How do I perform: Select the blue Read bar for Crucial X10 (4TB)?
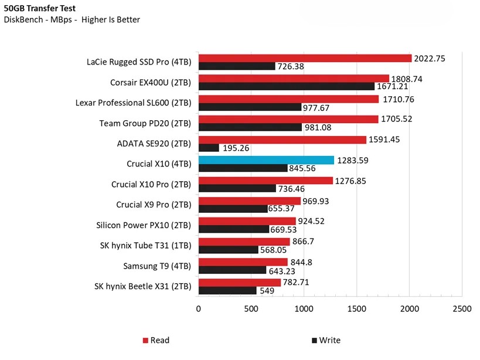pyautogui.click(x=266, y=160)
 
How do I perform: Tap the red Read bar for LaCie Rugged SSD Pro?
pyautogui.click(x=305, y=58)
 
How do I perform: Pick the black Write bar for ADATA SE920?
pyautogui.click(x=209, y=148)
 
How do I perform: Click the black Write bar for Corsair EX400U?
pyautogui.click(x=286, y=87)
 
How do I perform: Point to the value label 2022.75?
pyautogui.click(x=430, y=58)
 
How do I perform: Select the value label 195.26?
pyautogui.click(x=236, y=148)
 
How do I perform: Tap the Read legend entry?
pyautogui.click(x=155, y=340)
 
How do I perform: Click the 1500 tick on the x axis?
pyautogui.click(x=356, y=308)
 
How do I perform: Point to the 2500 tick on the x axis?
pyautogui.click(x=462, y=308)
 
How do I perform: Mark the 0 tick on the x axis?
pyautogui.click(x=199, y=308)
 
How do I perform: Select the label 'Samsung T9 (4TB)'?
pyautogui.click(x=157, y=266)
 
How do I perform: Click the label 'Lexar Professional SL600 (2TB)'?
pyautogui.click(x=133, y=103)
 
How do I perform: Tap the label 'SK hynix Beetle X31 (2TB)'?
pyautogui.click(x=142, y=287)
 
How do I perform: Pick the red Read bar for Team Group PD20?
pyautogui.click(x=288, y=120)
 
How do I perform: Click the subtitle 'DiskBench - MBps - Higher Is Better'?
pyautogui.click(x=72, y=20)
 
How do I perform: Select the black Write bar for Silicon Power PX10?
pyautogui.click(x=234, y=230)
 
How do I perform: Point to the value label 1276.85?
pyautogui.click(x=351, y=181)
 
